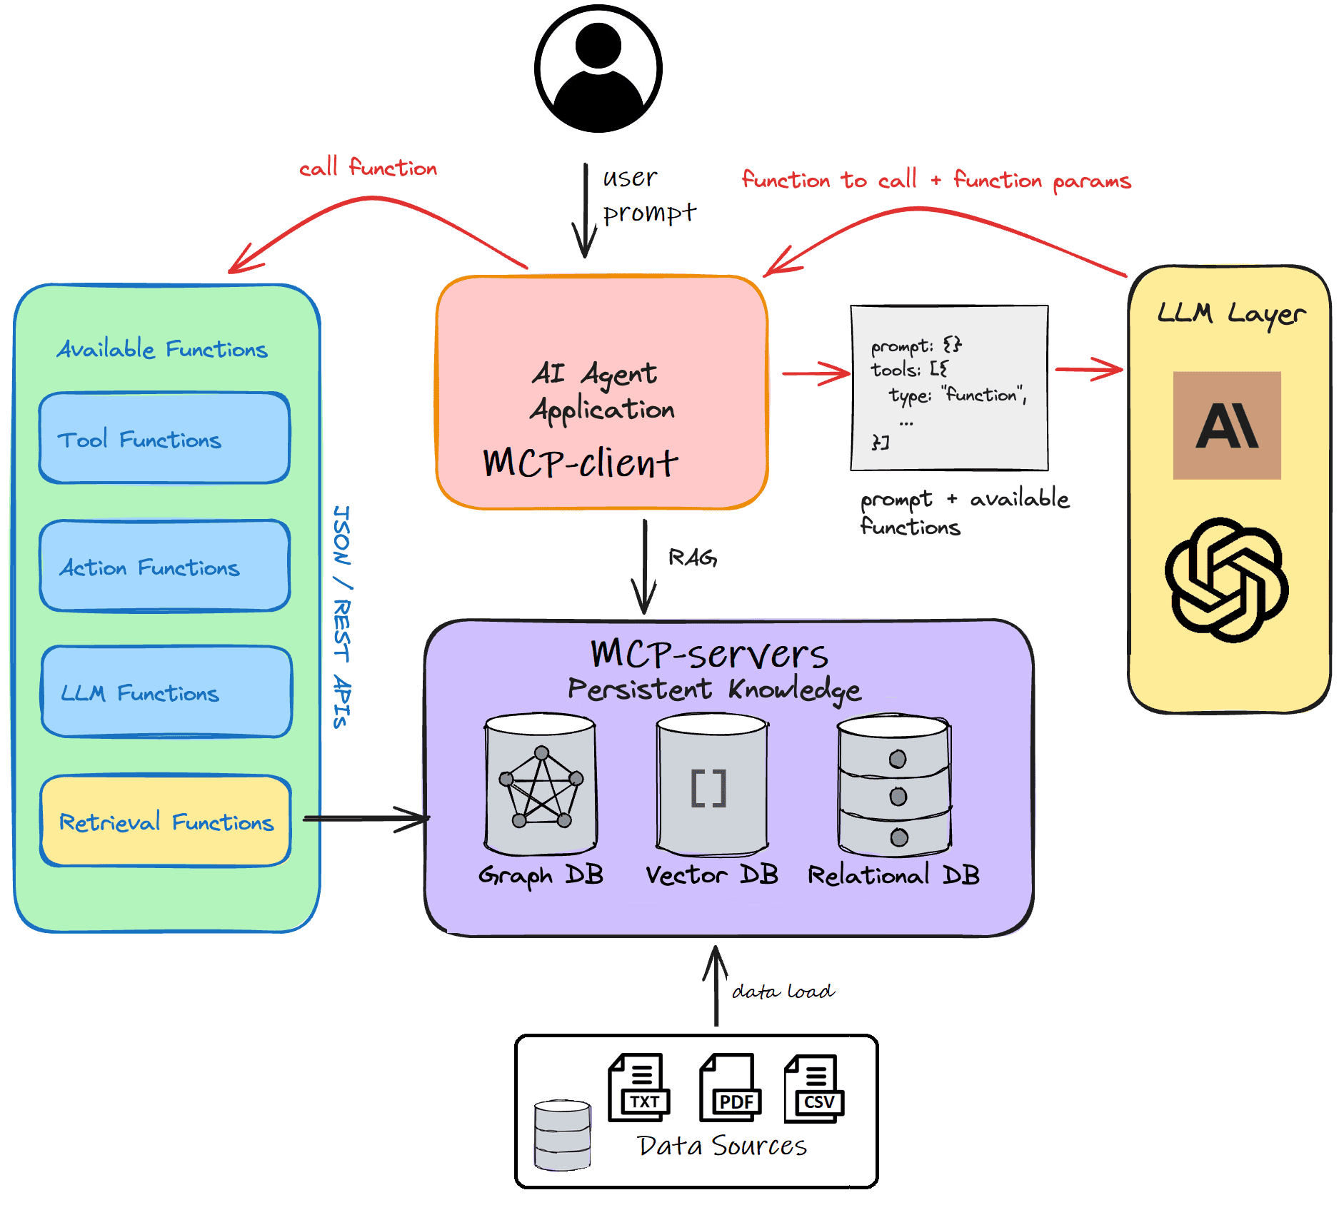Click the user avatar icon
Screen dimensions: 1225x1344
tap(598, 69)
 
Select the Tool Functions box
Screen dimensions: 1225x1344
tap(165, 438)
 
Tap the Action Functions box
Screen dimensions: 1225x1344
tap(165, 566)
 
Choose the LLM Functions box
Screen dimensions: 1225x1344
tap(166, 692)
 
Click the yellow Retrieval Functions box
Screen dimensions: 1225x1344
tap(166, 821)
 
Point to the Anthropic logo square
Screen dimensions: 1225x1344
tap(1226, 425)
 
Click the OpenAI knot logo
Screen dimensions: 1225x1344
tap(1226, 580)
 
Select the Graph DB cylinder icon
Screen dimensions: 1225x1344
tap(541, 785)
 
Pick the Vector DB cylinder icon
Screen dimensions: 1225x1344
tap(712, 785)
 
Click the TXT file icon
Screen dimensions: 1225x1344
tap(639, 1087)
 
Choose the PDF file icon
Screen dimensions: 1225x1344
tap(731, 1087)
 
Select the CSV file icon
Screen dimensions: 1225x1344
tap(814, 1087)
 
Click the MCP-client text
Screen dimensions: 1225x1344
tap(580, 463)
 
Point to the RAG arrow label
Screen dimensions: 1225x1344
tap(692, 558)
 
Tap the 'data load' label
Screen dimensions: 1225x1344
tap(783, 992)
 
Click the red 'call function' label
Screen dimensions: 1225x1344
tap(368, 168)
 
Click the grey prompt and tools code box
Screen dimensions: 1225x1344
tap(949, 388)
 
